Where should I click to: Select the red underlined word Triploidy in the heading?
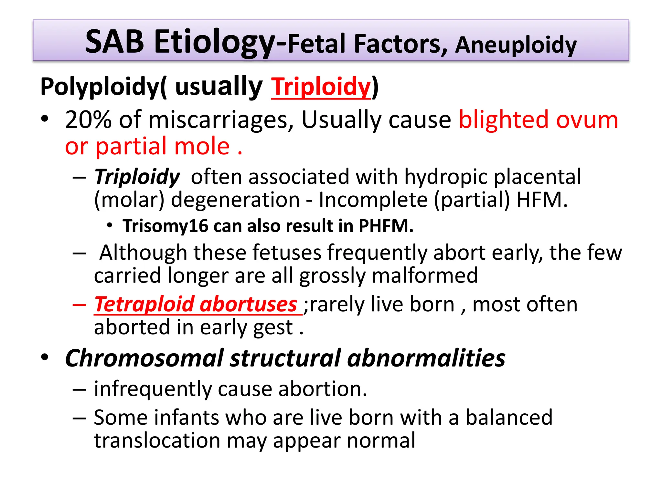(x=321, y=87)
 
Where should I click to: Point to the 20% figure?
(x=88, y=120)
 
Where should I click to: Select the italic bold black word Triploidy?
(x=137, y=177)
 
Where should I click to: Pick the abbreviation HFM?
(x=541, y=200)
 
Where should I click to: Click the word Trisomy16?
(x=165, y=226)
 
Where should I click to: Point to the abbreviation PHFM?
(x=386, y=226)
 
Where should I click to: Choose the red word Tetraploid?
(x=144, y=304)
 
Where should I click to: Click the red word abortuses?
(x=248, y=304)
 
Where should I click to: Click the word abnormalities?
(x=426, y=358)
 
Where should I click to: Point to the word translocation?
(x=157, y=440)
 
